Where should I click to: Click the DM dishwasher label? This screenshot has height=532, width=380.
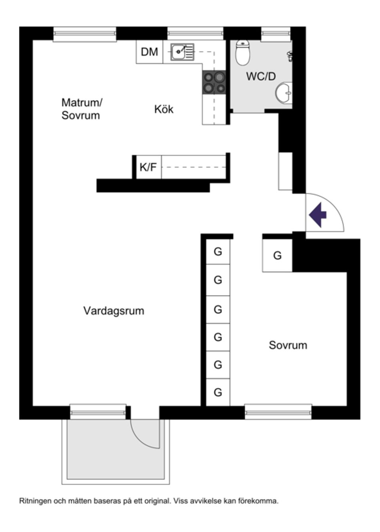tap(149, 52)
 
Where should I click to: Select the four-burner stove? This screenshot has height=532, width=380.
tap(214, 83)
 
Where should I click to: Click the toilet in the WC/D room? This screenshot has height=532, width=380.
tap(243, 53)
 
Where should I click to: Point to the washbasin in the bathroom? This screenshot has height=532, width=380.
tap(284, 93)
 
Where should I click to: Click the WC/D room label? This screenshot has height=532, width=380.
tap(261, 76)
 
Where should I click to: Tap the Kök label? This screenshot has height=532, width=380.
tap(164, 109)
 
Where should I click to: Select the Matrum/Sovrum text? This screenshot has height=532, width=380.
tap(82, 109)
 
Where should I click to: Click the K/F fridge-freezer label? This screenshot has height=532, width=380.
tap(148, 167)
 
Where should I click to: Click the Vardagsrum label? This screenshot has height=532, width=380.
tap(114, 311)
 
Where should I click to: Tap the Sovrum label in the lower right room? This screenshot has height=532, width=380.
tap(288, 345)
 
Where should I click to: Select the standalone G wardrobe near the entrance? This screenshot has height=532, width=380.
tap(277, 256)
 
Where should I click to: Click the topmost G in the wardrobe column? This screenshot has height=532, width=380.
tap(218, 252)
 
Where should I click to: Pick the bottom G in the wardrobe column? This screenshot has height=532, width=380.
tap(218, 392)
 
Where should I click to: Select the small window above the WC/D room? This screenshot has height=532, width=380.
tap(275, 34)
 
